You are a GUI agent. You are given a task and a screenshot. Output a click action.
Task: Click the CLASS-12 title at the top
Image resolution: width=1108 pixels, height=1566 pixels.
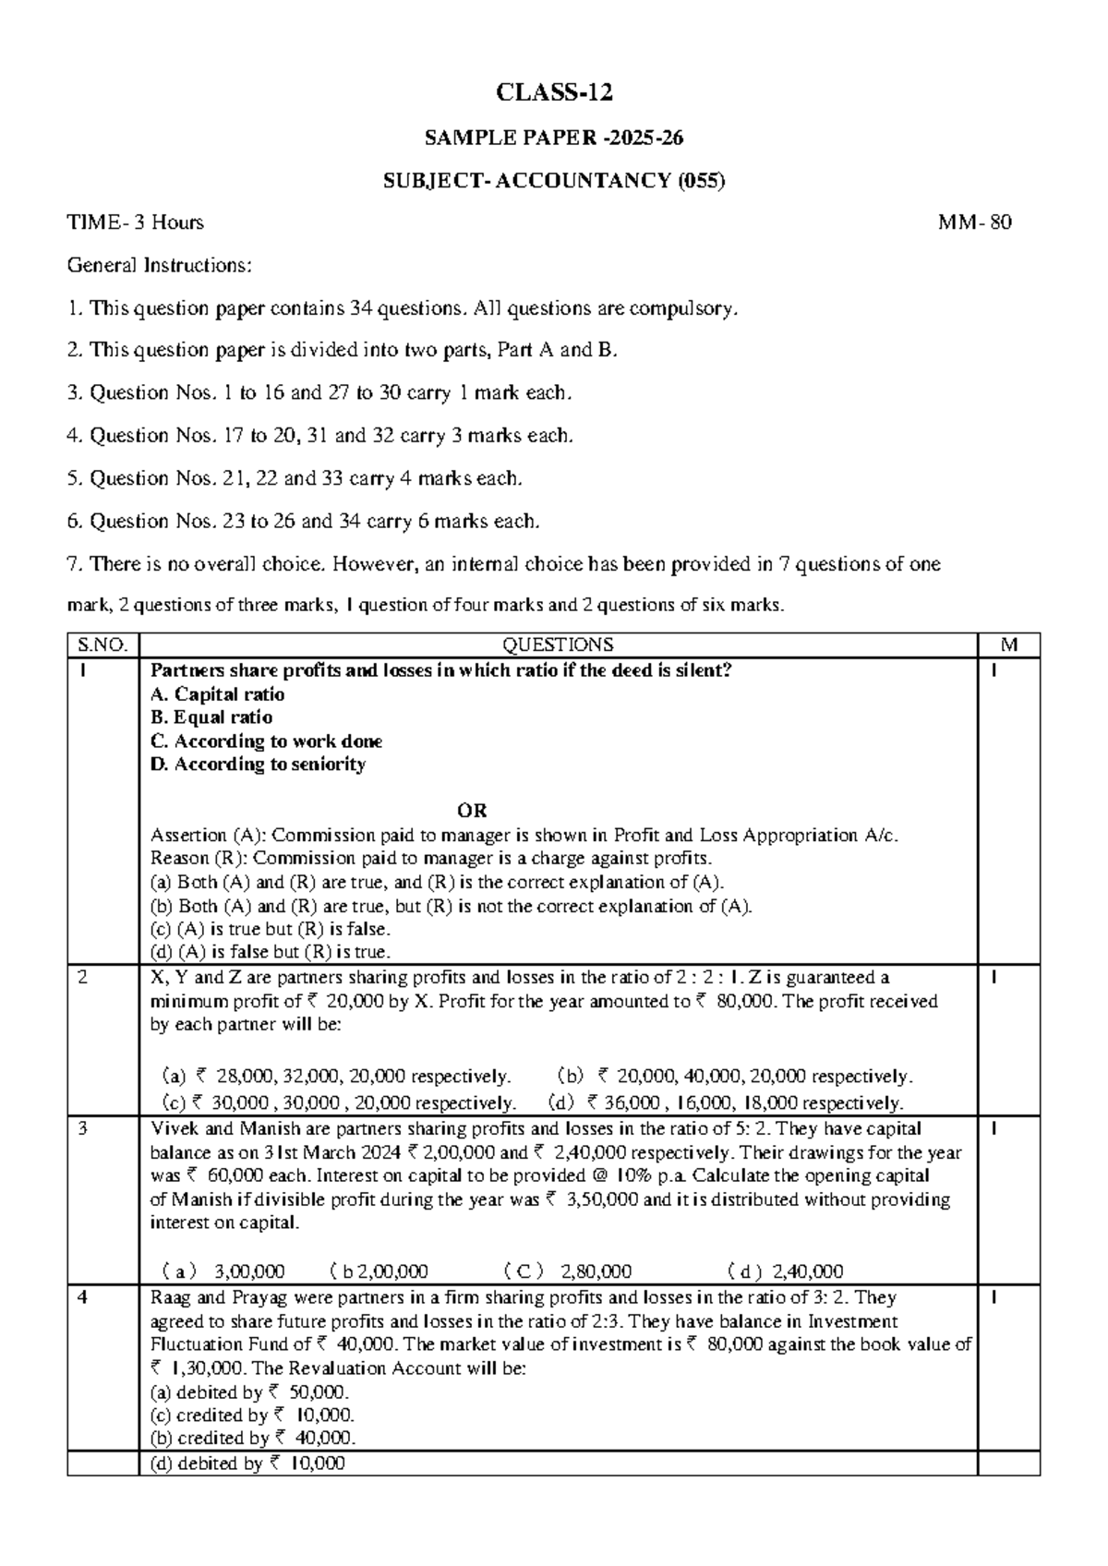(x=554, y=93)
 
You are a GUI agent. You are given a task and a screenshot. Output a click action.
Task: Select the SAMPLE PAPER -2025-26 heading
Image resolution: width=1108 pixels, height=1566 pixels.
(x=554, y=139)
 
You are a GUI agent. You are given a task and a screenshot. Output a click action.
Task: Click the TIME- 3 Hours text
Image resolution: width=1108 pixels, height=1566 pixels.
(x=136, y=223)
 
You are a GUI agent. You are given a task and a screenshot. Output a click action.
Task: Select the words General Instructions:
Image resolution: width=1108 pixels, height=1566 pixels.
(x=159, y=266)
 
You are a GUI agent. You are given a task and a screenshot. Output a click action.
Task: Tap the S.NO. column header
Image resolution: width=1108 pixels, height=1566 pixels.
(x=102, y=644)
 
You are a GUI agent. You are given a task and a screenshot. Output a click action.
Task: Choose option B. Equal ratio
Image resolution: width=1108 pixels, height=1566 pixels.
(x=211, y=717)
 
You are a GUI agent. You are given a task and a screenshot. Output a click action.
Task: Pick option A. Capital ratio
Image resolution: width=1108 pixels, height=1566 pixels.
(x=217, y=694)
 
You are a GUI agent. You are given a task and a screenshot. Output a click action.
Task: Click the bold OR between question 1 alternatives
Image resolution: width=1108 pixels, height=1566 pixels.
(x=472, y=811)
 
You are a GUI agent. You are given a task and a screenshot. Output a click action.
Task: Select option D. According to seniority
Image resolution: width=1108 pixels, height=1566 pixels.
(x=258, y=765)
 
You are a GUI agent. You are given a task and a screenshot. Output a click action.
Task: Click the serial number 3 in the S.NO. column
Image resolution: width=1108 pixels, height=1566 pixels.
(x=83, y=1129)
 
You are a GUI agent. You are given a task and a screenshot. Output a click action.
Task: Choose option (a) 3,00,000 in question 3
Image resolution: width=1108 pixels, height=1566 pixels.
(x=223, y=1271)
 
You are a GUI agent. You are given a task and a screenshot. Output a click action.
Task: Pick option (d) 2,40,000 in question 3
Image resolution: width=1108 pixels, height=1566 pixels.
(x=786, y=1271)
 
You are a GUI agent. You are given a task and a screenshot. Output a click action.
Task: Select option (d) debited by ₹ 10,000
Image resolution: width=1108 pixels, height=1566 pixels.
(x=247, y=1464)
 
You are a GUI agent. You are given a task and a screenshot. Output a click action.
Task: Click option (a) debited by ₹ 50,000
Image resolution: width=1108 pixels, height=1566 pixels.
(x=250, y=1392)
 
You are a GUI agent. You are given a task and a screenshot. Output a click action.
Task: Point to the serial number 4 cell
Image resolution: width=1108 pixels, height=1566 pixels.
(x=83, y=1298)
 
